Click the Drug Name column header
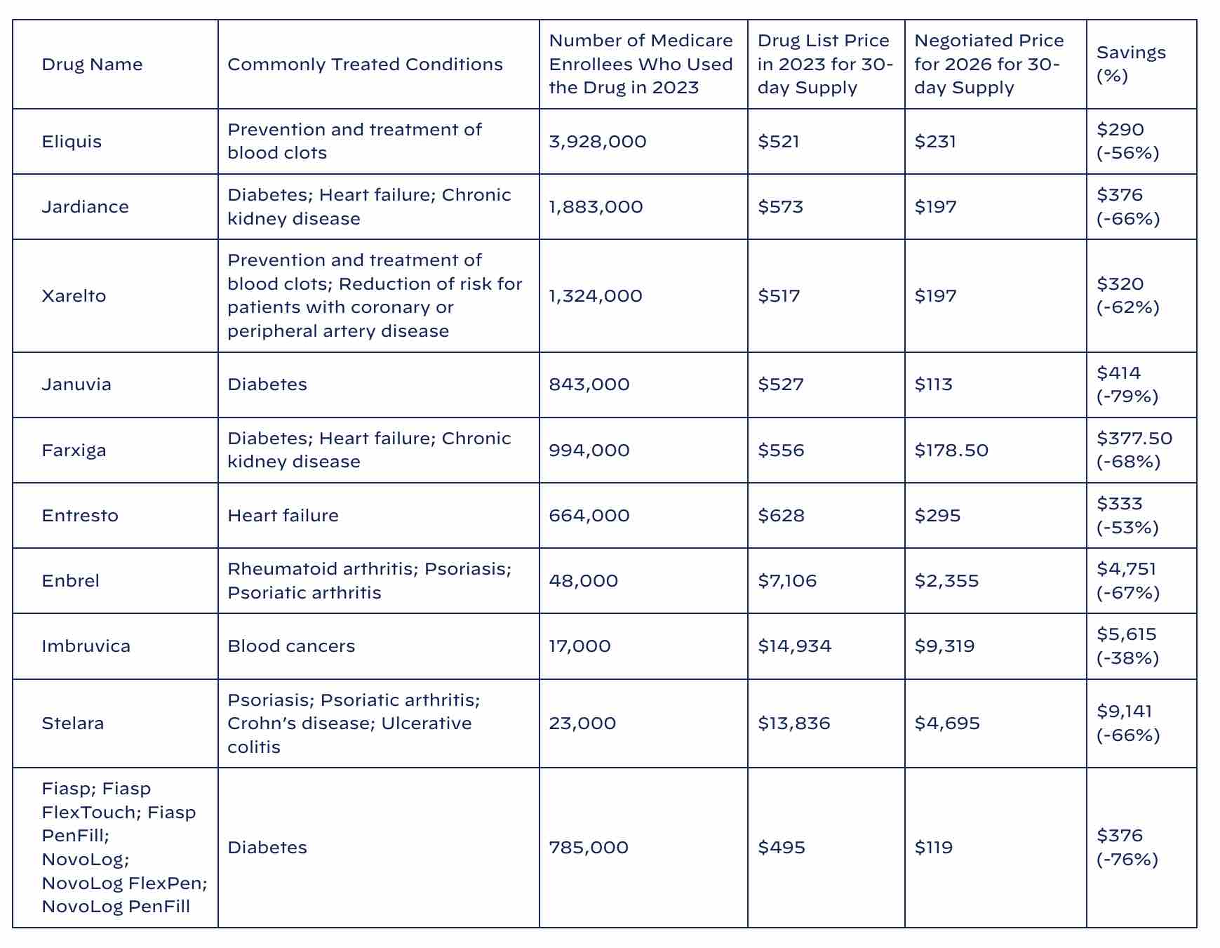click(92, 65)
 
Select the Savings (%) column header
click(1131, 64)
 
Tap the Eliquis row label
click(72, 142)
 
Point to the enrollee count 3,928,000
click(597, 142)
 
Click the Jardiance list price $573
click(780, 207)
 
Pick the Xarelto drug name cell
click(74, 296)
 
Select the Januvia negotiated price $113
click(933, 385)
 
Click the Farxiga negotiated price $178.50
click(951, 450)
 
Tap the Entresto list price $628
click(780, 516)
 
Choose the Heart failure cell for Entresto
click(283, 516)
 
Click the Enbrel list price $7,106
click(787, 581)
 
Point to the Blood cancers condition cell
click(291, 646)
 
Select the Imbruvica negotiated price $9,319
click(944, 646)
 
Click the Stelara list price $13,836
click(793, 723)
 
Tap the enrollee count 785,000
click(588, 848)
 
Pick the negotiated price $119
click(933, 848)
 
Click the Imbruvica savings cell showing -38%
click(1127, 646)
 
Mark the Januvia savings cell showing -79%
click(1127, 385)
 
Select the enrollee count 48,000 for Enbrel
click(583, 581)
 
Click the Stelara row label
click(72, 723)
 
